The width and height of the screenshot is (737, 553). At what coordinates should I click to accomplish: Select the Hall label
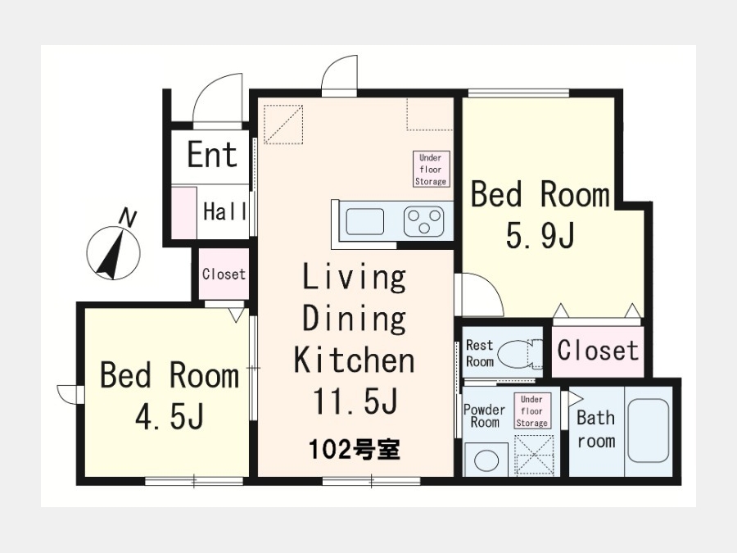(224, 211)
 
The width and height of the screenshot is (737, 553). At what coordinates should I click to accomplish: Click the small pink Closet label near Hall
(224, 274)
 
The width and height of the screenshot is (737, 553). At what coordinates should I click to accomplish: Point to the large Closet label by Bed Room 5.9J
(598, 351)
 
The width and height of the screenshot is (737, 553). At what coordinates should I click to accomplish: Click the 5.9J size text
(540, 235)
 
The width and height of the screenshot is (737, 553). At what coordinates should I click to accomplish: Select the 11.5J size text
(355, 401)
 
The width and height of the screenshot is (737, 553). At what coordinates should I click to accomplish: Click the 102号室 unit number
(355, 450)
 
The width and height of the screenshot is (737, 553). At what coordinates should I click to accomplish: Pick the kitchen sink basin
(364, 221)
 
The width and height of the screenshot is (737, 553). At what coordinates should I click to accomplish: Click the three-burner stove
(424, 221)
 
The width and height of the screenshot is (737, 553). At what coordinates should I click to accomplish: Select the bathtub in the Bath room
(649, 431)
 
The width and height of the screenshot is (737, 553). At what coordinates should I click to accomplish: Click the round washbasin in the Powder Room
(486, 460)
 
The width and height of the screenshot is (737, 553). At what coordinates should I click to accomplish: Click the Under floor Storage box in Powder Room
(531, 411)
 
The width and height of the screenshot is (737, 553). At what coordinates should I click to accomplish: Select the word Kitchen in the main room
(355, 360)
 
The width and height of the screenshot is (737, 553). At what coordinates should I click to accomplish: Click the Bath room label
(596, 428)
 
